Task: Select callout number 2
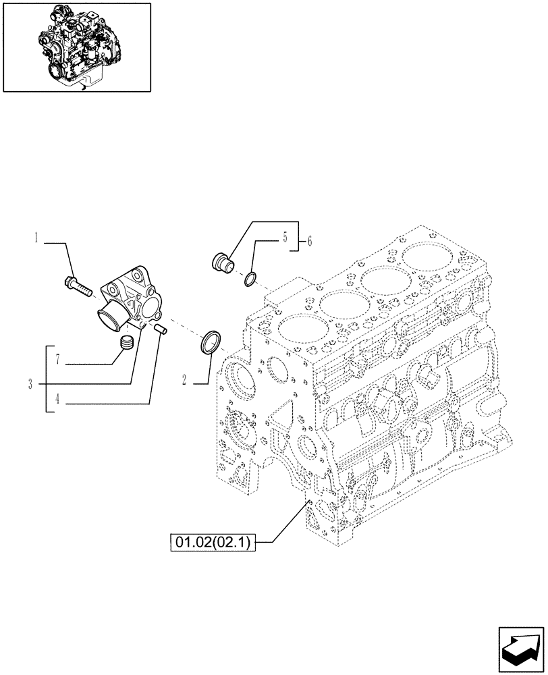184,380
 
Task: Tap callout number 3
30,384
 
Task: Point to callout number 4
57,399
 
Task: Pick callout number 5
284,237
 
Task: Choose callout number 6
310,241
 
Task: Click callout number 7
58,360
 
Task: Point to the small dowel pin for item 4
161,329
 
